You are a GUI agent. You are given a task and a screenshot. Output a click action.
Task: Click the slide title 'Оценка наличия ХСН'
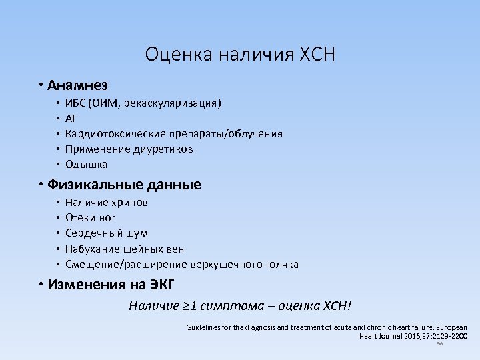240,53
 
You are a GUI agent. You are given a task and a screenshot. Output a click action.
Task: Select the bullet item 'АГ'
72,119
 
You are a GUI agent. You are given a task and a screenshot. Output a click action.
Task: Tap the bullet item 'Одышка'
86,165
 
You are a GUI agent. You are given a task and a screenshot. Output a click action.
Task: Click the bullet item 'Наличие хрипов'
107,203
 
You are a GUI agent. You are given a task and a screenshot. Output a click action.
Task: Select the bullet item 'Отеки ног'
91,218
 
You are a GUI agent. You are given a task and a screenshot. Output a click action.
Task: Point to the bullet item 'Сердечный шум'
107,233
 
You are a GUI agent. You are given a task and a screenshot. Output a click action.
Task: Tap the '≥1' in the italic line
189,307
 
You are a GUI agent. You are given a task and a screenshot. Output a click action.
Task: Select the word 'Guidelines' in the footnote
204,328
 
